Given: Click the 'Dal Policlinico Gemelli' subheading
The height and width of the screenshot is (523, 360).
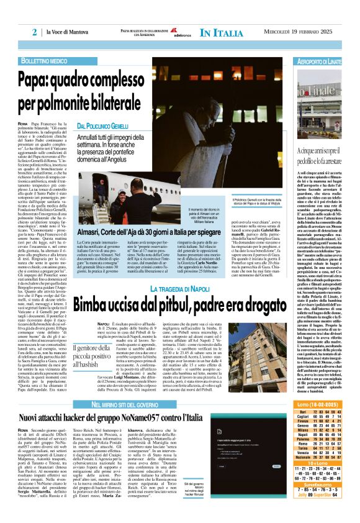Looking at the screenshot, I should pyautogui.click(x=103, y=126).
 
